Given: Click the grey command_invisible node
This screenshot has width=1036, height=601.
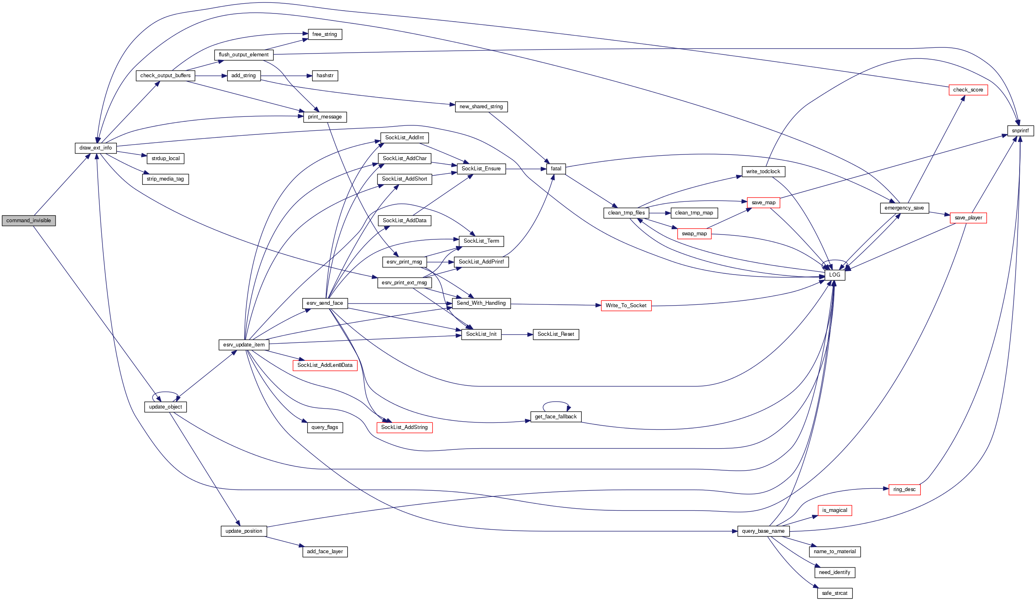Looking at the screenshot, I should (29, 221).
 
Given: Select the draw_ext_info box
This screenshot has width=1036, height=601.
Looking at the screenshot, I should (95, 148).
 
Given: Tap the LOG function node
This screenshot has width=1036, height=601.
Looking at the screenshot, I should (835, 275).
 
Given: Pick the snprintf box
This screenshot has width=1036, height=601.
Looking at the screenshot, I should (1020, 131).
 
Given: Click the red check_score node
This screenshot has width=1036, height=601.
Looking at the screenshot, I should (968, 90).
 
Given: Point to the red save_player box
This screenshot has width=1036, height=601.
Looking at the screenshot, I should (968, 218).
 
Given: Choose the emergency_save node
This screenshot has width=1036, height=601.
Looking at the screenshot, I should (904, 208).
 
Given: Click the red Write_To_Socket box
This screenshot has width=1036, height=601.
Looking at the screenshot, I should (626, 306).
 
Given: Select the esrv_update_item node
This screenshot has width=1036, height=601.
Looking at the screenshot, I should (244, 345).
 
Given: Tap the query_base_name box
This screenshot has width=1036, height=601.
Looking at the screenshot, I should (763, 531).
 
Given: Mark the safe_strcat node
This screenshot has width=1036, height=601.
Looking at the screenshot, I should (835, 593).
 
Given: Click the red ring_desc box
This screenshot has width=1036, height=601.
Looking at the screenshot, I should (904, 489).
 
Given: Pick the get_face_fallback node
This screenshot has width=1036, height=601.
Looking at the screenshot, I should (556, 417).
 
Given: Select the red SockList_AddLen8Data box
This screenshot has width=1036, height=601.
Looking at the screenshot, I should (325, 365).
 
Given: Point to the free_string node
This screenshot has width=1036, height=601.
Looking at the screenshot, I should (324, 35).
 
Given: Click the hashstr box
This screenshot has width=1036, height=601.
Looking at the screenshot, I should (325, 76).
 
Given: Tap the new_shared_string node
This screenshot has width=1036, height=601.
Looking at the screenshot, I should (481, 107).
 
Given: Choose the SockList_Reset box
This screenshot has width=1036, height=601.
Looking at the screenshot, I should (556, 335).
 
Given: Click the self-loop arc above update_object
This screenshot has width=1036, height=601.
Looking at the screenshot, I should (165, 393).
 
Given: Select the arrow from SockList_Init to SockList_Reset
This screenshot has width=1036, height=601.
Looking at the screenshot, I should (517, 335).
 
